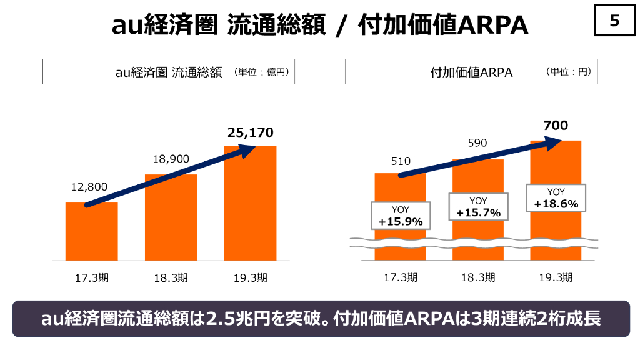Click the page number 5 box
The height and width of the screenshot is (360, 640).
pyautogui.click(x=614, y=21)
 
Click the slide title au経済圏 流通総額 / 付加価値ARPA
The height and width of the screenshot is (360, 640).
pyautogui.click(x=320, y=25)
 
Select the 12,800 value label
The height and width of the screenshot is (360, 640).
pyautogui.click(x=89, y=186)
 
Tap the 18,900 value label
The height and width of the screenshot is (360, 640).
pyautogui.click(x=171, y=159)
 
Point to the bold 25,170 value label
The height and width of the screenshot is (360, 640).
pyautogui.click(x=250, y=132)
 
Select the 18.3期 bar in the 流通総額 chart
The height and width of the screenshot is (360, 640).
pyautogui.click(x=171, y=219)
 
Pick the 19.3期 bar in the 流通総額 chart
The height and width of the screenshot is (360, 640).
pyautogui.click(x=250, y=206)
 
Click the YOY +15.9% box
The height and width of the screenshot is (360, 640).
pyautogui.click(x=401, y=216)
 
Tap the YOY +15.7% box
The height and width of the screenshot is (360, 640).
pyautogui.click(x=478, y=207)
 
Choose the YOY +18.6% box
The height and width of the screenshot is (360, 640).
pyautogui.click(x=556, y=198)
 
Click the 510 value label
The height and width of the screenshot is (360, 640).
pyautogui.click(x=401, y=161)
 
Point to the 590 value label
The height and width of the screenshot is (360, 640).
pyautogui.click(x=478, y=143)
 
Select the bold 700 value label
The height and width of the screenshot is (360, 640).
pyautogui.click(x=556, y=126)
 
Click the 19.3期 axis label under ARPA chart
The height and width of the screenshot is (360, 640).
pyautogui.click(x=556, y=278)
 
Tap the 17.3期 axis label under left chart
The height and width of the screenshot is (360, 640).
pyautogui.click(x=91, y=278)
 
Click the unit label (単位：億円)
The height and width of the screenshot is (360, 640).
pyautogui.click(x=261, y=72)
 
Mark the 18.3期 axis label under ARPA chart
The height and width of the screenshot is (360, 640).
pyautogui.click(x=478, y=278)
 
